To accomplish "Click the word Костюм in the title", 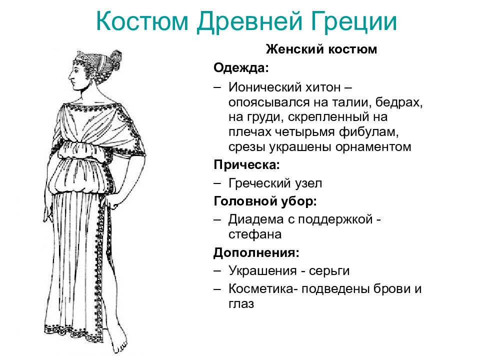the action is pyautogui.click(x=142, y=21).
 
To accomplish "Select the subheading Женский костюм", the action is pyautogui.click(x=321, y=49).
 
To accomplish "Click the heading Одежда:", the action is pyautogui.click(x=241, y=67).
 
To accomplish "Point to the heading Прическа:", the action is pyautogui.click(x=246, y=165).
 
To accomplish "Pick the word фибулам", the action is pyautogui.click(x=368, y=132).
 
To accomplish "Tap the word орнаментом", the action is pyautogui.click(x=373, y=147).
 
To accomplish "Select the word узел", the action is pyautogui.click(x=308, y=183).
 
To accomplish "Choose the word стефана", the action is pyautogui.click(x=255, y=234).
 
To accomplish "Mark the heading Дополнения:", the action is pyautogui.click(x=256, y=253).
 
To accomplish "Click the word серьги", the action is pyautogui.click(x=329, y=271).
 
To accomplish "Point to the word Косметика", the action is pyautogui.click(x=261, y=289).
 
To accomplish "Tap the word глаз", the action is pyautogui.click(x=241, y=305).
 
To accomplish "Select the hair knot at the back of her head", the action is pyautogui.click(x=115, y=59).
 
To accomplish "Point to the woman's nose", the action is pyautogui.click(x=70, y=75).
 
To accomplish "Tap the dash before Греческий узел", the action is pyautogui.click(x=217, y=183).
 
